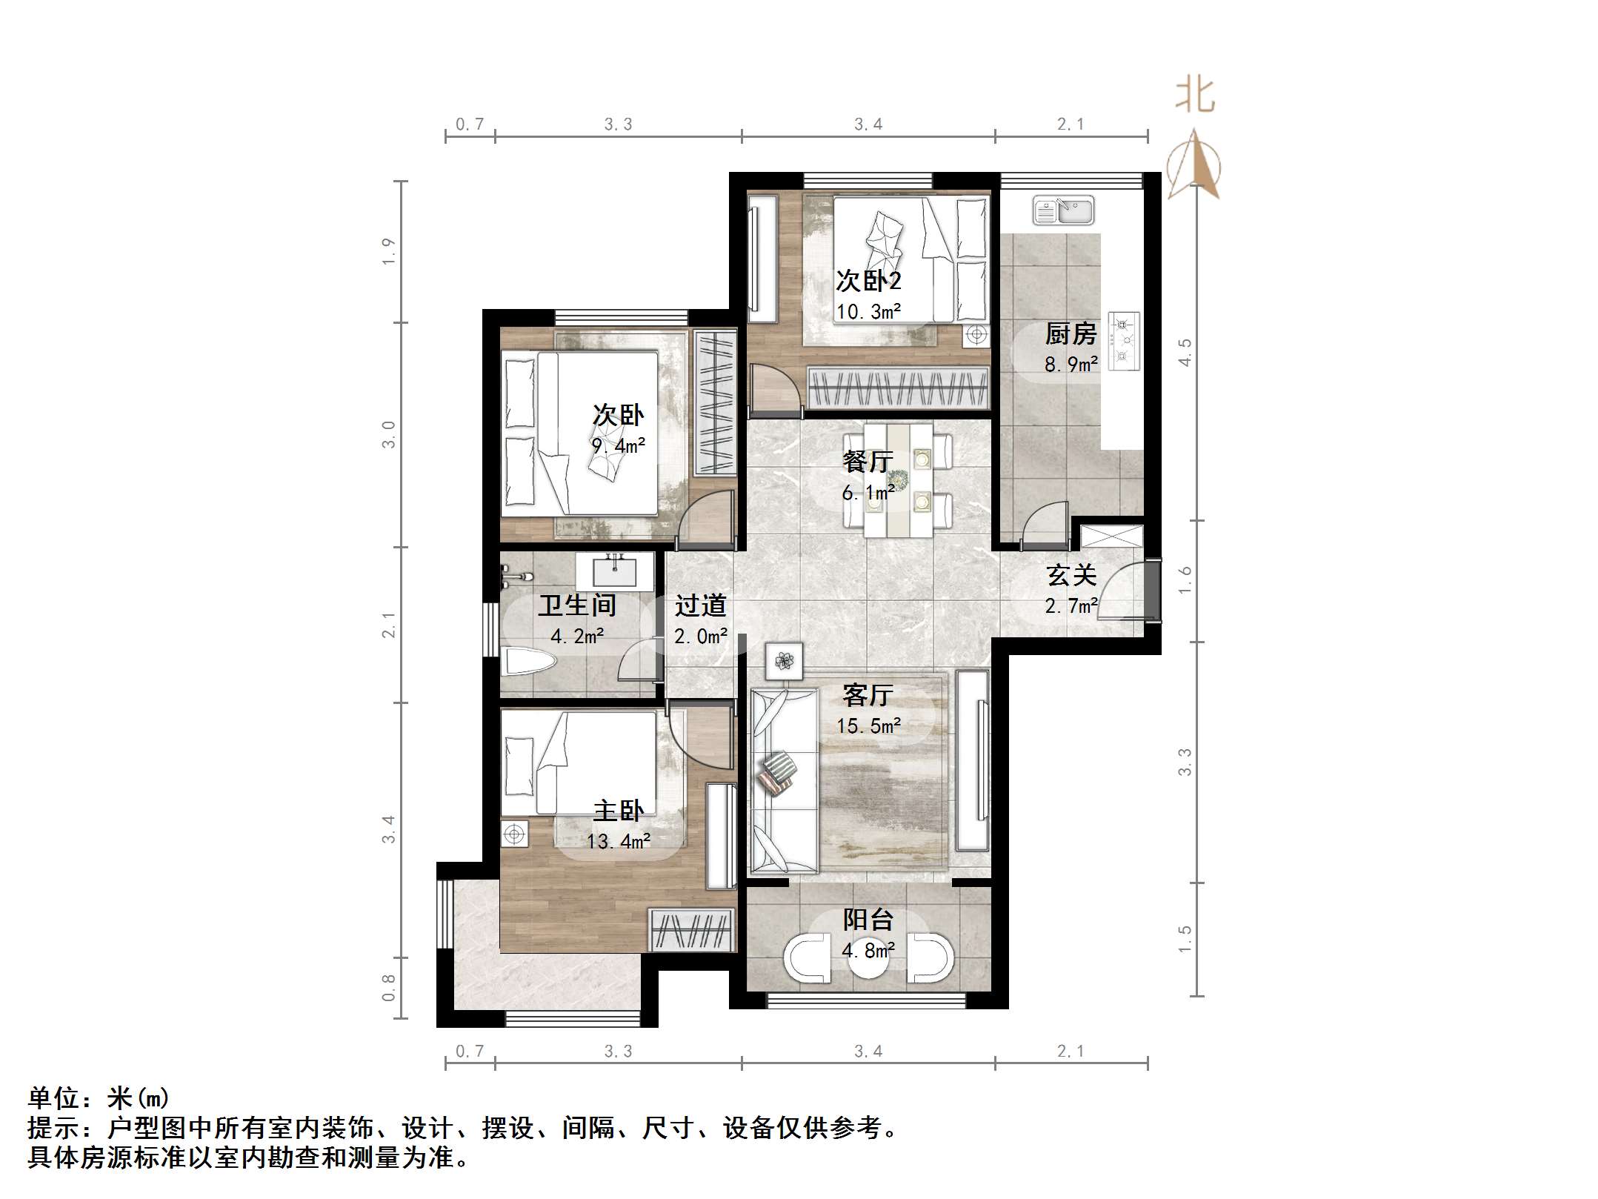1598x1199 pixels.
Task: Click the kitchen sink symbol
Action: pos(1063,210)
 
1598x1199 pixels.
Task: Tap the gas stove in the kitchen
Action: pos(1123,341)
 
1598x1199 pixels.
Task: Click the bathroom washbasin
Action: pos(614,572)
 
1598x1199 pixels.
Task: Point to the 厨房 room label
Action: pos(1071,334)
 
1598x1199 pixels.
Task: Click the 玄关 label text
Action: pos(1071,575)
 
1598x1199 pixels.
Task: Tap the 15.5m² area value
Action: pos(868,726)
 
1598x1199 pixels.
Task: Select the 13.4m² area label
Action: pos(618,842)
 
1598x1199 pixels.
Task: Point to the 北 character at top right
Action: pos(1194,96)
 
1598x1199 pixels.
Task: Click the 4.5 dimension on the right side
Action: pos(1185,352)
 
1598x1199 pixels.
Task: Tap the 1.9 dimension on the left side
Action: pos(388,252)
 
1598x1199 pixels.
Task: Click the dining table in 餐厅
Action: pos(897,479)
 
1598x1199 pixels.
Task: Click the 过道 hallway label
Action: pos(699,606)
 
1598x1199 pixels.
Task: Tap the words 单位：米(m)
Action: pos(99,1097)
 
